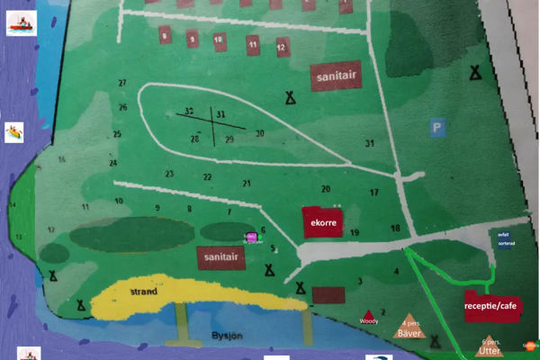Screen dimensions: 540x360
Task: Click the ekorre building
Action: point(323,222)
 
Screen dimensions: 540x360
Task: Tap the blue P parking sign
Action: point(437,129)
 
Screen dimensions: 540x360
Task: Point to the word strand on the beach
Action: point(144,292)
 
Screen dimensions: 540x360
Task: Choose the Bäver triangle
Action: point(409,328)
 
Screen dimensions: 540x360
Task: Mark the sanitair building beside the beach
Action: point(221,257)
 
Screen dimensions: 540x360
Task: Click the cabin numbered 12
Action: point(282,44)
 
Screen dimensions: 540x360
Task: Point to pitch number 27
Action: point(121,83)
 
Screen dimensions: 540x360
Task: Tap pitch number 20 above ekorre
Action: point(326,189)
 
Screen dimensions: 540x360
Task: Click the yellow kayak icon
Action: point(14,132)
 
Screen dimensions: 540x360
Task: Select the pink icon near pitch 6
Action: point(251,237)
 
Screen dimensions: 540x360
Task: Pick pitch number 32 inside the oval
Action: point(189,112)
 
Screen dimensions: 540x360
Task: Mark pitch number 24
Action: point(113,164)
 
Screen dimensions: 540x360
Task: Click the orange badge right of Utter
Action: point(529,345)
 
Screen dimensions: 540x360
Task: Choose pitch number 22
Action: point(207,177)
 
